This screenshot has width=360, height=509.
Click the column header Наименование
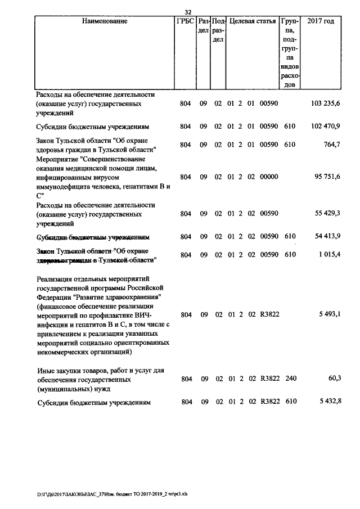click(105, 21)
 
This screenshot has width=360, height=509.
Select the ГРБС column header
click(185, 21)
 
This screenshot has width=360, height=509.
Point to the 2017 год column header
click(321, 21)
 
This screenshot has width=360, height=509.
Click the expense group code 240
click(290, 379)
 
